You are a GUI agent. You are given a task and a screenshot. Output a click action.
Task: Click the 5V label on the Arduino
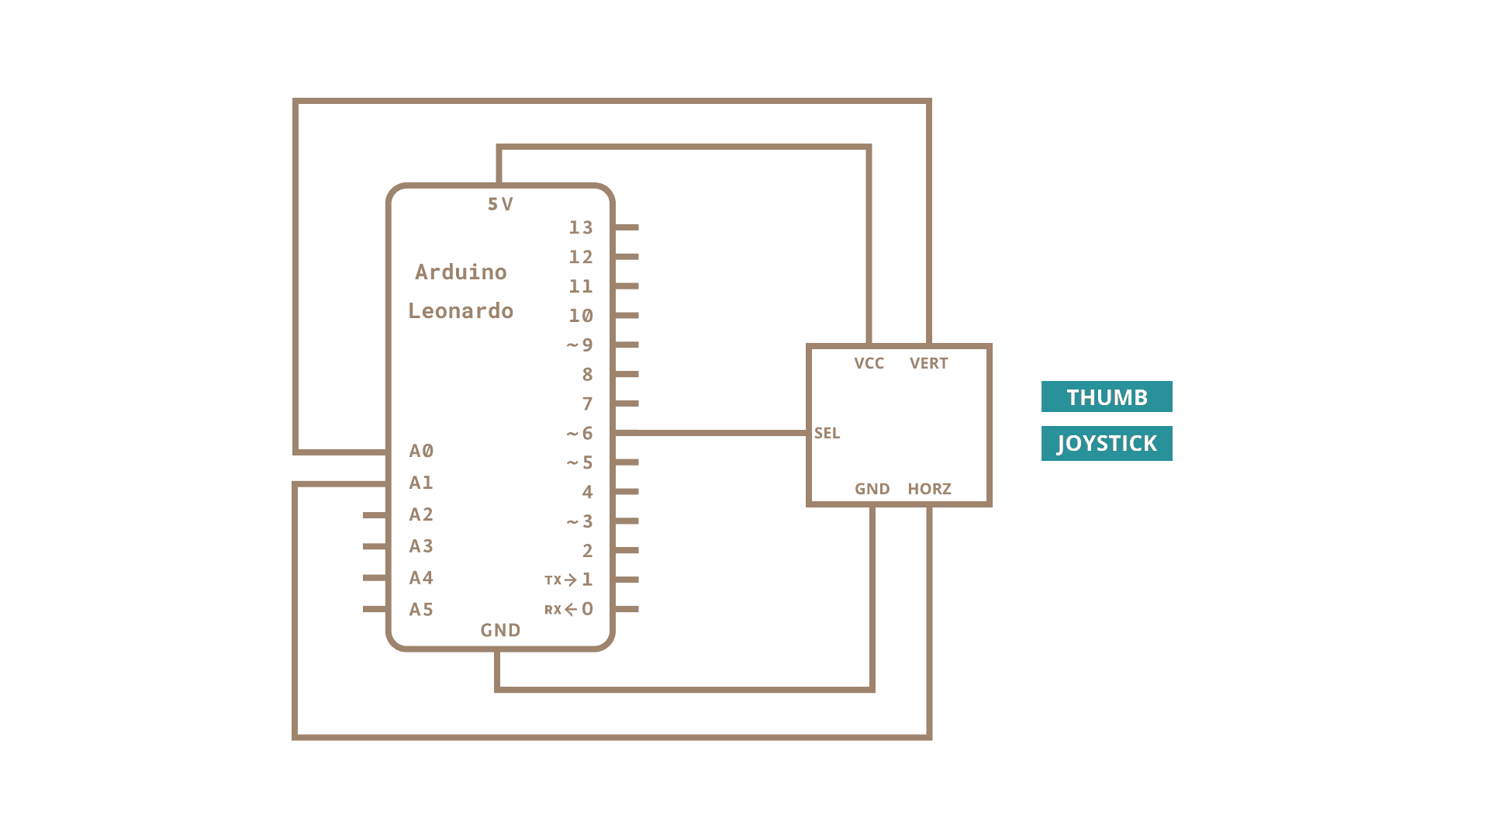(500, 204)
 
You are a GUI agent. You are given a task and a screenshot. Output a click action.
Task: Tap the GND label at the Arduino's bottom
(500, 630)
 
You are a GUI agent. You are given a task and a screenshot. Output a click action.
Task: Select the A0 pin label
(421, 451)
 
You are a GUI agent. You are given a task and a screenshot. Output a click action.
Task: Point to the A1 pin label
(421, 483)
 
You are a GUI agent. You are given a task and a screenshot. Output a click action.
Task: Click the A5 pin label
(421, 610)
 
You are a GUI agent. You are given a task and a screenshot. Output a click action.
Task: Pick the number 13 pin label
(581, 227)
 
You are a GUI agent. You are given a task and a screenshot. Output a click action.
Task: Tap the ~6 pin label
(580, 433)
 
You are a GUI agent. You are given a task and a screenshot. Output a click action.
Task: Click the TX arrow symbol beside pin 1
(571, 580)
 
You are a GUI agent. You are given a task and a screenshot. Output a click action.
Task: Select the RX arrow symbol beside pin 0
(571, 609)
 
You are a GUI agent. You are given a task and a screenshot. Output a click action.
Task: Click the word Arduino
(461, 272)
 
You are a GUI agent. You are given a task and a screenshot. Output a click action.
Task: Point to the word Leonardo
(461, 311)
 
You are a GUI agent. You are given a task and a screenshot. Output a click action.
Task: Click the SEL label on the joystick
(827, 433)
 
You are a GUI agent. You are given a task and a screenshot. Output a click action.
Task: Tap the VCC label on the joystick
(869, 363)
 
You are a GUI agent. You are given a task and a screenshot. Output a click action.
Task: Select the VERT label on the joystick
(928, 363)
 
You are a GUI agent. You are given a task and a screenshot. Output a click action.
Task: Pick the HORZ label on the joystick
(929, 489)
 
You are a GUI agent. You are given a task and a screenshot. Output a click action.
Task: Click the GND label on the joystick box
(872, 489)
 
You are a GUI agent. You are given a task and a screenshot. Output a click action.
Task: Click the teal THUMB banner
(1107, 396)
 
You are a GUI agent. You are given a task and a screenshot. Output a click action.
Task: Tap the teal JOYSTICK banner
(1107, 443)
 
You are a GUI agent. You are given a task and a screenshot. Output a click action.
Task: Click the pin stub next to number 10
(627, 315)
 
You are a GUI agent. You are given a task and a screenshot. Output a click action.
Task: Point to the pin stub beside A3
(375, 546)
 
